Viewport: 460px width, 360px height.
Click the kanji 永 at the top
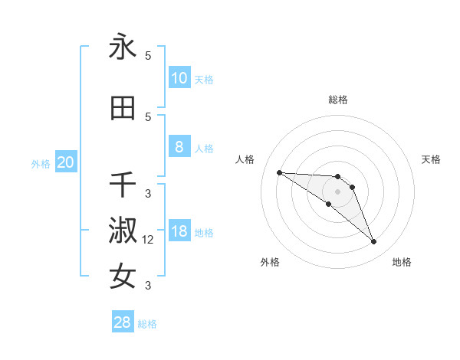[123, 47]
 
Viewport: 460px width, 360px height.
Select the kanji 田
[123, 108]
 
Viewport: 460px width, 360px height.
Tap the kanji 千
[123, 185]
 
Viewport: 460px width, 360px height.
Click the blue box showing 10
[179, 78]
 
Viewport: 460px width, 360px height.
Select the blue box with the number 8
[179, 147]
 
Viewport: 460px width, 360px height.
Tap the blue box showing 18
[179, 231]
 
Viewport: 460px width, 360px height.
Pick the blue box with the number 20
[66, 162]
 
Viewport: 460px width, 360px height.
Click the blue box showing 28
[123, 322]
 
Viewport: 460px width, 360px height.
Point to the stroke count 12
[149, 240]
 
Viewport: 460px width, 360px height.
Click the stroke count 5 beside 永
[148, 56]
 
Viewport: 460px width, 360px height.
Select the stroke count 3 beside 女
[148, 286]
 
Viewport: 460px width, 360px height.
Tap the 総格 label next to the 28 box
[147, 324]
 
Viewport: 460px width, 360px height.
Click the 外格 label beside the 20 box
[40, 164]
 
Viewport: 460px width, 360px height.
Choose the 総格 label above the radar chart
[337, 100]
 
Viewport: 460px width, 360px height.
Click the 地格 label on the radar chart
[402, 262]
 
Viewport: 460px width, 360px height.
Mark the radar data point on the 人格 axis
[279, 172]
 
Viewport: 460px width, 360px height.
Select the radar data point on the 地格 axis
[373, 242]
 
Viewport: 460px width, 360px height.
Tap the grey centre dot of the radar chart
[337, 191]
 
